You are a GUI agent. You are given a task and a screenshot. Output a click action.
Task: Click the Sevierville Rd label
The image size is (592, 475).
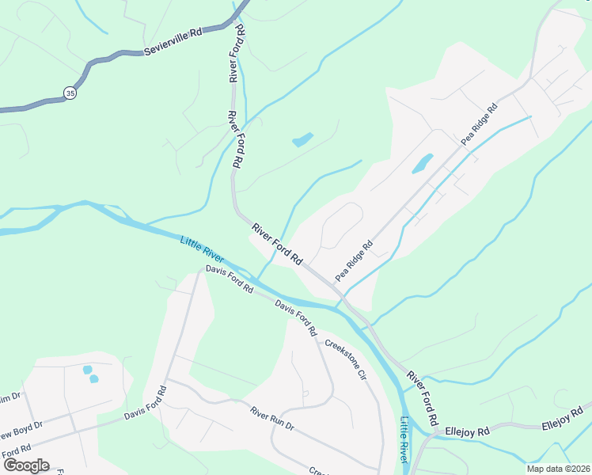point(173,42)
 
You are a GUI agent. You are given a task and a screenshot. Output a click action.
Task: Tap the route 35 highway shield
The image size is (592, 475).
point(71,92)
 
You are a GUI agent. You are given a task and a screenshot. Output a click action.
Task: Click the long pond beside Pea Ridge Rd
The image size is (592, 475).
point(422,163)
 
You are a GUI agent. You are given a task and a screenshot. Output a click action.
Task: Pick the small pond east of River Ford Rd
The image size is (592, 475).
point(302,140)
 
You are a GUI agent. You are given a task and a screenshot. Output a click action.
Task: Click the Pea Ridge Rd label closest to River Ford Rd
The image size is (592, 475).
point(353,261)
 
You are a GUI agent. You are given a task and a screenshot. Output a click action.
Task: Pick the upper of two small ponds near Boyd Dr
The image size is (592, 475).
point(86,369)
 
